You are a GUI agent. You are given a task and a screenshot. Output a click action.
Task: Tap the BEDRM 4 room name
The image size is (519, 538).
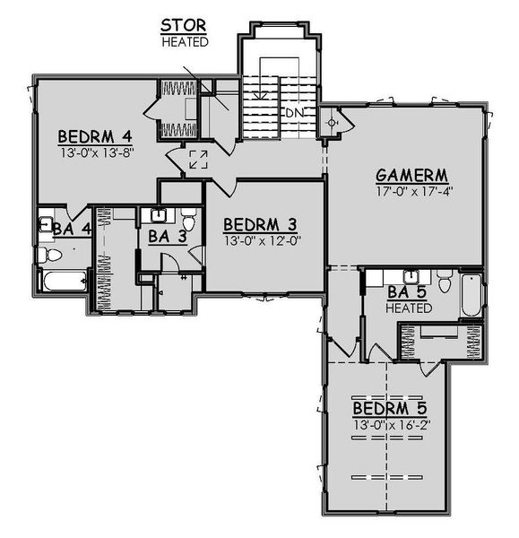coord(95,136)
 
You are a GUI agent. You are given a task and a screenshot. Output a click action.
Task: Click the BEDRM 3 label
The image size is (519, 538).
coord(260,224)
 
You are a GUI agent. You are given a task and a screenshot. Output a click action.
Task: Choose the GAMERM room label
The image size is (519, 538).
coord(411,175)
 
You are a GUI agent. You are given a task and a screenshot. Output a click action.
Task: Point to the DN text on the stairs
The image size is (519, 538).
coord(294,113)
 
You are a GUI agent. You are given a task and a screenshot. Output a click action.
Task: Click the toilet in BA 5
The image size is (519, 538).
coord(441,277)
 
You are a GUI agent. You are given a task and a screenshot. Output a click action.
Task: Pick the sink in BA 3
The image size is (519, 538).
coord(158,215)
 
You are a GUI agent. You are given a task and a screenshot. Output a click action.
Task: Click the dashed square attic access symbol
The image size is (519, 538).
coord(198,161)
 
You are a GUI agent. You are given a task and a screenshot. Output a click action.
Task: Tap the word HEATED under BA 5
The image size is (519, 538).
coord(410,308)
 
